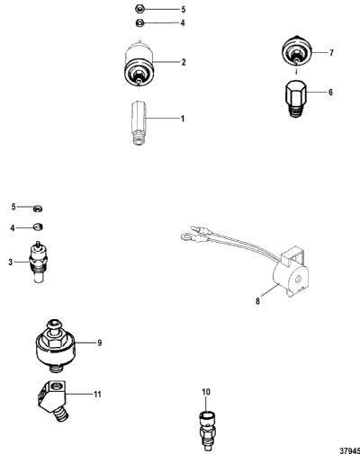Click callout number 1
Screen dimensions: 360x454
point(183,119)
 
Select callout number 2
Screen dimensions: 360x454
point(184,62)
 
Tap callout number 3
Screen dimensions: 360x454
point(11,263)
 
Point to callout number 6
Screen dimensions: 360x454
point(330,92)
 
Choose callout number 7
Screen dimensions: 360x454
point(331,53)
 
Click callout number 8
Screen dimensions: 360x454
point(257,301)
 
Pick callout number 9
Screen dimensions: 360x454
point(100,343)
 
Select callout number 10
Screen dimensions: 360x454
point(206,392)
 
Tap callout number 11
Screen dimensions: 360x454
point(97,394)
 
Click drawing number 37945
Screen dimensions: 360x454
point(350,450)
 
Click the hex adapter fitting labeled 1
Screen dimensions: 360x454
point(139,123)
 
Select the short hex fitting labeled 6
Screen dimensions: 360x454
point(295,99)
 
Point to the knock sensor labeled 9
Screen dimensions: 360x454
point(56,346)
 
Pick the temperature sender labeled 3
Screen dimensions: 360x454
point(39,262)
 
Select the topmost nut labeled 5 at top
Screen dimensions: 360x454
point(139,10)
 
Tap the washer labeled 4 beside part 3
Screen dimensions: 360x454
point(38,227)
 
